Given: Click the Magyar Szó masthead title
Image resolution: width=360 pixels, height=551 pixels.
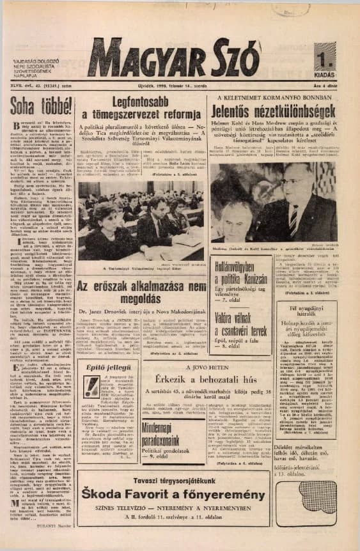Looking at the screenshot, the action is pos(173,58).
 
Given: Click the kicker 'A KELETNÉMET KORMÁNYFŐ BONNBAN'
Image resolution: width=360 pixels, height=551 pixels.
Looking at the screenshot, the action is pos(276,98).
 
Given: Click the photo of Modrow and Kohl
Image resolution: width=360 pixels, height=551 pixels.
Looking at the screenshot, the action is pos(276,202).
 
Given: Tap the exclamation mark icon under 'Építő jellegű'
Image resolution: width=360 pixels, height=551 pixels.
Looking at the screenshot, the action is pos(91,385).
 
